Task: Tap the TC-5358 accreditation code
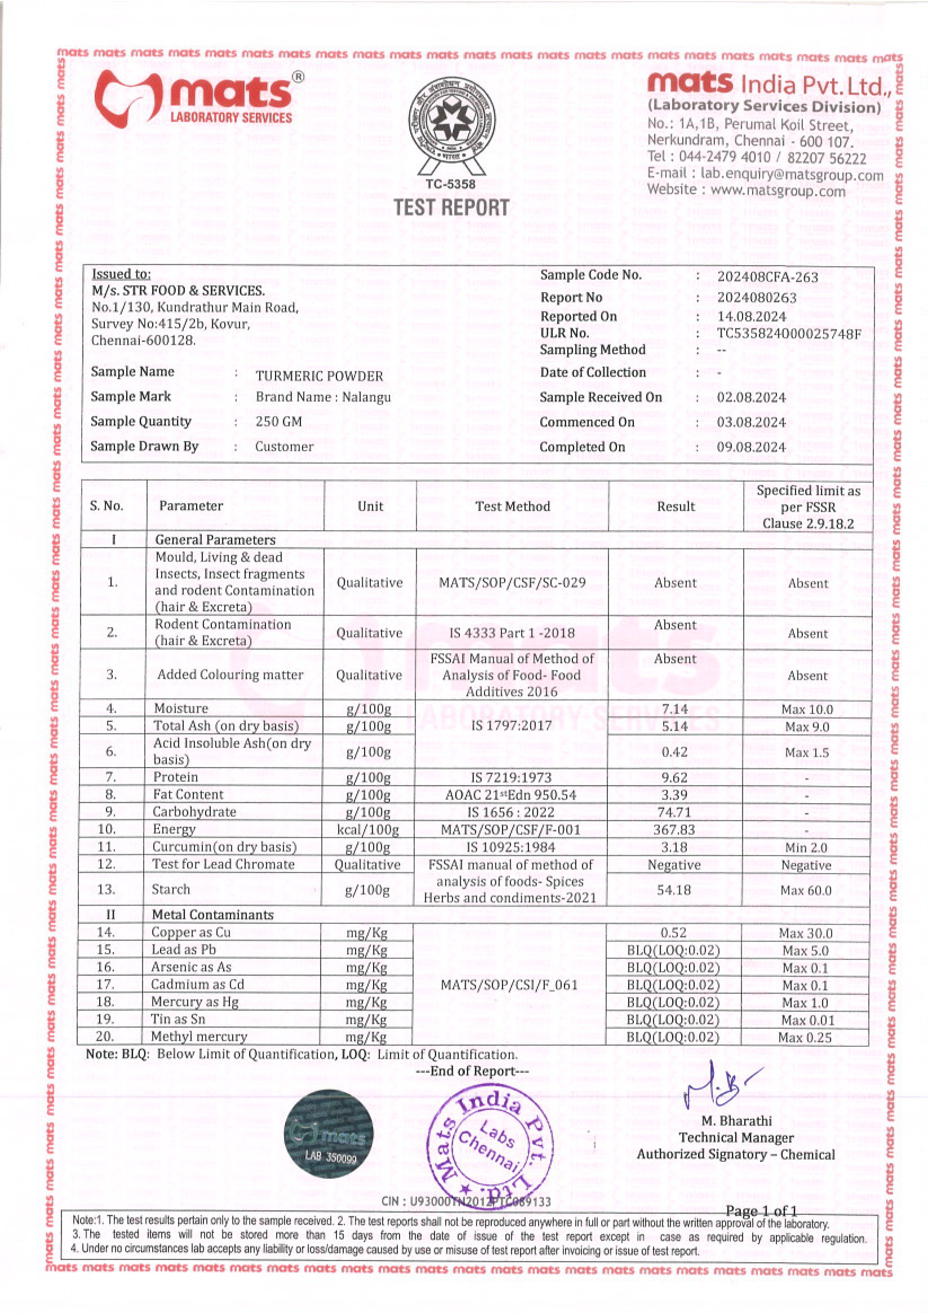(x=450, y=184)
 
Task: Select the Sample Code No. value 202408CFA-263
(x=768, y=277)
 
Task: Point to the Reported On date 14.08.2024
(x=751, y=316)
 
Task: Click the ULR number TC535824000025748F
(x=789, y=334)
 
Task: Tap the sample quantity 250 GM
(x=279, y=421)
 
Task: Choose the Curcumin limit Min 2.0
(x=806, y=848)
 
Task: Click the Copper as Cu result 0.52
(x=673, y=933)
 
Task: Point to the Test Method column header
(x=512, y=506)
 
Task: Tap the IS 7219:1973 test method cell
(x=511, y=777)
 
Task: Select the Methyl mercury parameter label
(x=199, y=1036)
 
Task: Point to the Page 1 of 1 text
(x=761, y=1211)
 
